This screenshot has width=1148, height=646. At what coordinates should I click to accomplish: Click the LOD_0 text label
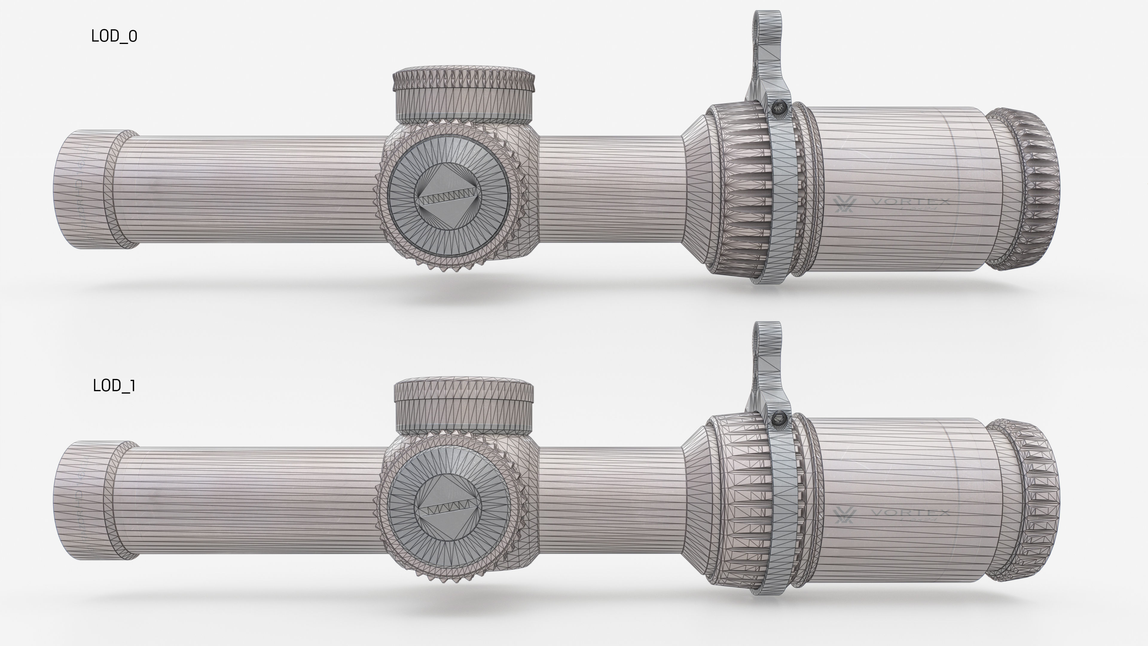114,36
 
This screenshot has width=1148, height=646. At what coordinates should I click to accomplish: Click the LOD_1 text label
114,386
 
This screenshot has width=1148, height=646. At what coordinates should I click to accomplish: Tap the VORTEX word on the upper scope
909,202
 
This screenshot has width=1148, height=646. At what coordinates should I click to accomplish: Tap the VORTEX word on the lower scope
909,513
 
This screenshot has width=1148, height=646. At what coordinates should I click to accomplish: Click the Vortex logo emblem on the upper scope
844,205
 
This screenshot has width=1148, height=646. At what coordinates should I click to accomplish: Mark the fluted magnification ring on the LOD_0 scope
735,192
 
